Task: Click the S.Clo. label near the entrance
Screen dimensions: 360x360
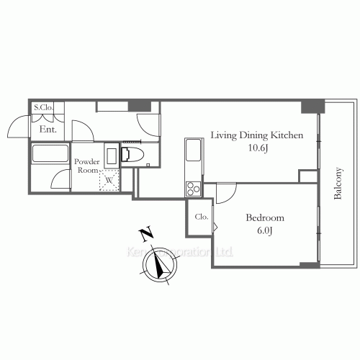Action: coord(43,108)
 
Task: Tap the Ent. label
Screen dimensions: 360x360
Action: coord(48,130)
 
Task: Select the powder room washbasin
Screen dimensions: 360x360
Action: coord(111,156)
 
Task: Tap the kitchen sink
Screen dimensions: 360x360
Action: coord(193,151)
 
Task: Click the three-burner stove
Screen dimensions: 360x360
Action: coord(194,189)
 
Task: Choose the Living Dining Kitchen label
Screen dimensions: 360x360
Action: coord(256,135)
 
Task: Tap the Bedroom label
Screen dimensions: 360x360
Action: coord(264,218)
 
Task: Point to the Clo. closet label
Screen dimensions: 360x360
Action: coord(202,216)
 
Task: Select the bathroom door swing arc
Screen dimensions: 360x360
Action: coord(60,180)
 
